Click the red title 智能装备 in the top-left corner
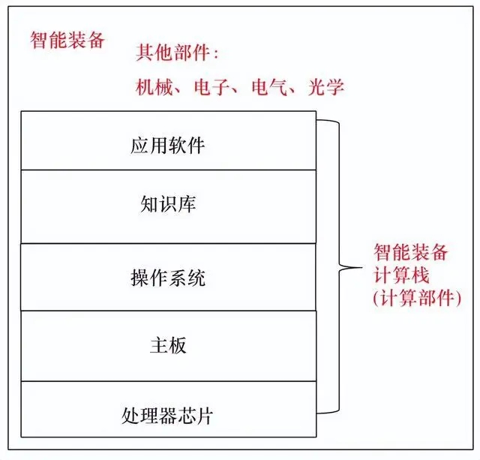point(67,40)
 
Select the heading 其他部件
point(173,53)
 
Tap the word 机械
point(154,86)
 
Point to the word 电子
point(211,86)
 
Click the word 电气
point(269,86)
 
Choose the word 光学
point(326,86)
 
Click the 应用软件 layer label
point(168,145)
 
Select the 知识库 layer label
point(168,204)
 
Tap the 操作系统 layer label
point(168,278)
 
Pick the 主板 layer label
point(168,345)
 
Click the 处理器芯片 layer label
point(167,416)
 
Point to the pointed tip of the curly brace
point(361,268)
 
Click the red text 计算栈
point(401,275)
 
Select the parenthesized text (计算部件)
point(417,298)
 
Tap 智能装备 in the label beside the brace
point(411,252)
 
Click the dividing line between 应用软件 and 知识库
point(168,170)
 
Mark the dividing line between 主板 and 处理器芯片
point(168,381)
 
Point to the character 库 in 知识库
point(187,204)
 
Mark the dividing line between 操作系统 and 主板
point(168,311)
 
